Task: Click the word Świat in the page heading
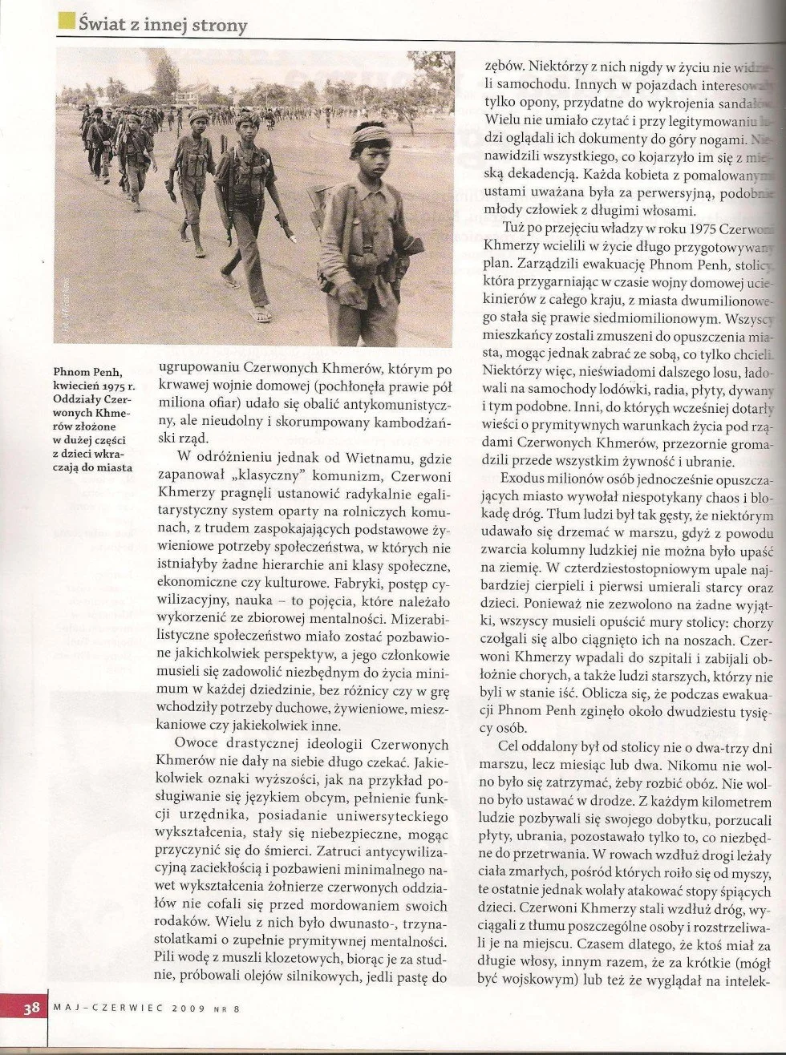(x=106, y=25)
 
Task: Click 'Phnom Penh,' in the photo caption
(x=88, y=372)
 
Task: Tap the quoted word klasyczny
(x=257, y=475)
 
